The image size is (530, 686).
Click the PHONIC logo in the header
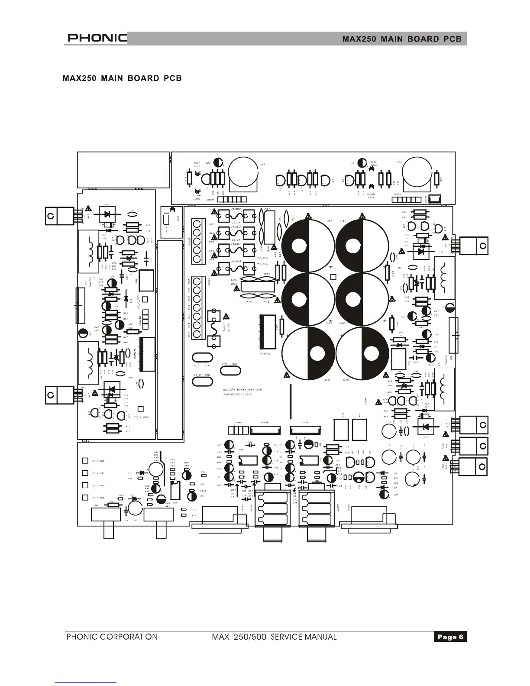pyautogui.click(x=97, y=39)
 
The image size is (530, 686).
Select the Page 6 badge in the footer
pyautogui.click(x=450, y=637)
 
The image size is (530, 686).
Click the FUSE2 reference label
pyautogui.click(x=236, y=209)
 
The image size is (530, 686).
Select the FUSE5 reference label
pyautogui.click(x=236, y=262)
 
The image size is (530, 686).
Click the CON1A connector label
pyautogui.click(x=265, y=354)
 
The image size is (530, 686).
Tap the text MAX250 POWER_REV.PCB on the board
pyautogui.click(x=242, y=390)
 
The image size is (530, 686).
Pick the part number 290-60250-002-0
pyautogui.click(x=238, y=395)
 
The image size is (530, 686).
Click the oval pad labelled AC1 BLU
pyautogui.click(x=202, y=358)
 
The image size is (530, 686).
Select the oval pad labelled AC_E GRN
pyautogui.click(x=202, y=381)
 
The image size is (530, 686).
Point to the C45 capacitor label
pyautogui.click(x=329, y=221)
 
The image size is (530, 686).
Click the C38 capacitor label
pyautogui.click(x=346, y=380)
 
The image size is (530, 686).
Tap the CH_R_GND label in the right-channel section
pyautogui.click(x=141, y=417)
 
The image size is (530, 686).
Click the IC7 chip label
pyautogui.click(x=175, y=503)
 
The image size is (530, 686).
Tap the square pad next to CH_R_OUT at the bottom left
pyautogui.click(x=86, y=473)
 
